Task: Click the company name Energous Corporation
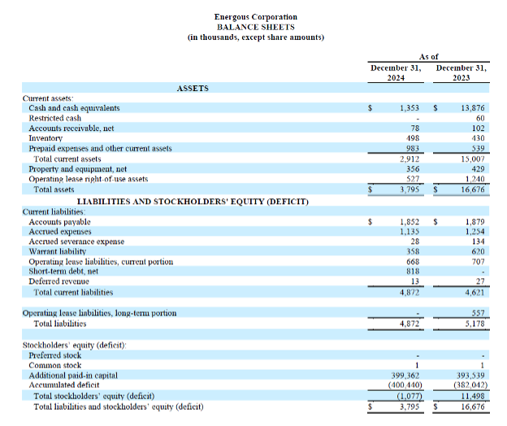(255, 17)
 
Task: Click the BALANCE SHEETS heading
(255, 27)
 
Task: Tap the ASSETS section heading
(193, 88)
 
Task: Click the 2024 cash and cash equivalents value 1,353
(409, 108)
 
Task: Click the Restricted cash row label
(54, 118)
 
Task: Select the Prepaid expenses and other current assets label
(100, 149)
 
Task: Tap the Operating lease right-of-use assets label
(88, 179)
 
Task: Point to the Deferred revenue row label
(58, 282)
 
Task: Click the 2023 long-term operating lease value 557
(477, 313)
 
